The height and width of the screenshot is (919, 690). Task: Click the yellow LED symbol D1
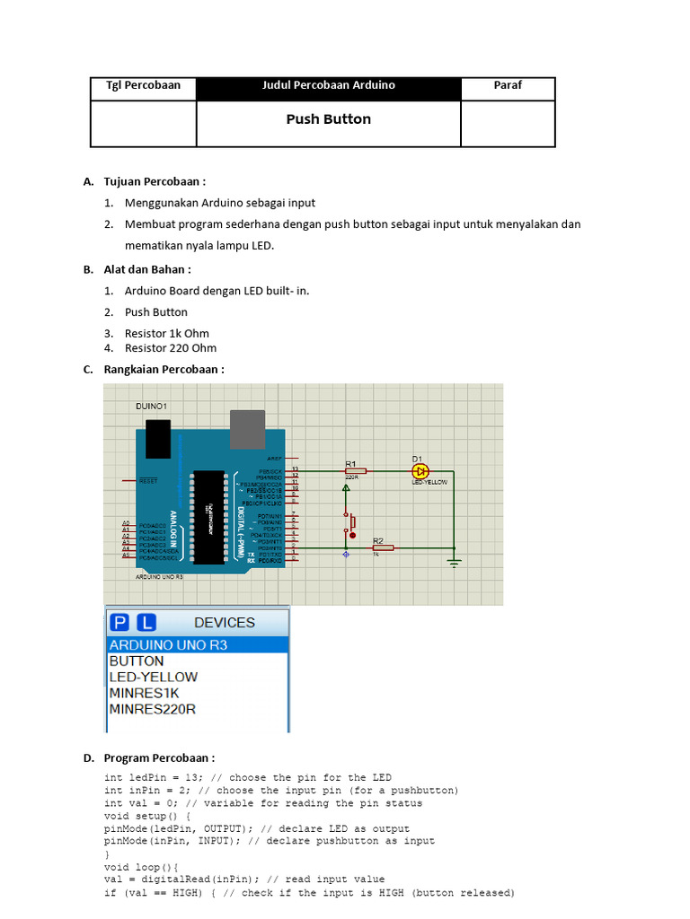click(x=420, y=470)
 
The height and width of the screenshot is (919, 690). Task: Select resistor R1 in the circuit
click(x=355, y=470)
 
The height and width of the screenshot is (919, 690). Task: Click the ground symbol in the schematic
click(x=455, y=562)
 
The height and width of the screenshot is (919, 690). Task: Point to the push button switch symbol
click(x=350, y=521)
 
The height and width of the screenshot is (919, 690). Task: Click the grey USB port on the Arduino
click(x=247, y=429)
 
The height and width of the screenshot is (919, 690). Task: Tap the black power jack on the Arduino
click(x=157, y=436)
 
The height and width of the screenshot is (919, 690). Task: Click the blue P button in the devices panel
click(x=119, y=622)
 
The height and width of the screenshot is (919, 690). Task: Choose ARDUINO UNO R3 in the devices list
click(x=169, y=644)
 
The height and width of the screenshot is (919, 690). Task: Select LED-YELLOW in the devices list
click(x=154, y=677)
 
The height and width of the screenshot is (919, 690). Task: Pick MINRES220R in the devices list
click(x=153, y=709)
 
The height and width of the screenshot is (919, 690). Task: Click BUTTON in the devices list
click(x=137, y=661)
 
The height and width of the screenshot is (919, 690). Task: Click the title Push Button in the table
click(x=328, y=119)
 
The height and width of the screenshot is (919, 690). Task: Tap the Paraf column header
click(x=508, y=85)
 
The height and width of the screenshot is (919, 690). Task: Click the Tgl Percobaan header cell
click(x=144, y=85)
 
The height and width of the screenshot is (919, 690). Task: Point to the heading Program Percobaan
click(x=159, y=757)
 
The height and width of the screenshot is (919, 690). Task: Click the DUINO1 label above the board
click(x=152, y=407)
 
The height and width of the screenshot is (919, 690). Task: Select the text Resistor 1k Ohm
click(x=167, y=333)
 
